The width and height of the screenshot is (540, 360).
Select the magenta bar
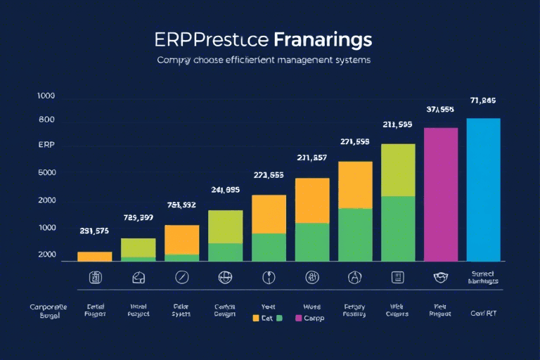point(441,195)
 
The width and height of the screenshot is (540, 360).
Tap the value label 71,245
point(484,100)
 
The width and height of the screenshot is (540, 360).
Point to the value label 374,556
point(440,110)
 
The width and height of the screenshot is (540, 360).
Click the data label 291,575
point(94,231)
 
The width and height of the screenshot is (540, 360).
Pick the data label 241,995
point(226,189)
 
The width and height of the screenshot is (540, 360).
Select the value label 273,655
point(268,175)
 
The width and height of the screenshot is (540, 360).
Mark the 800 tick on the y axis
point(46,120)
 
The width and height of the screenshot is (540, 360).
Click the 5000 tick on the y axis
point(46,173)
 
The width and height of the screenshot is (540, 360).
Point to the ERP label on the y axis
point(46,145)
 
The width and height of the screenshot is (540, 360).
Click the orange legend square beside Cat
point(256,318)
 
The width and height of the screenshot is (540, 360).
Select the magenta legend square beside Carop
point(298,318)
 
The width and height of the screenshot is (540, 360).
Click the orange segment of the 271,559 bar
point(355,185)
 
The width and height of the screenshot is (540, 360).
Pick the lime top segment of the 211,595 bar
point(398,169)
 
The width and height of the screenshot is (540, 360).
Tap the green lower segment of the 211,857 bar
point(312,242)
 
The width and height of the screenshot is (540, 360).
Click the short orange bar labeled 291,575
point(94,257)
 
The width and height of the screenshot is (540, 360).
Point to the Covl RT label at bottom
point(483,313)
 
